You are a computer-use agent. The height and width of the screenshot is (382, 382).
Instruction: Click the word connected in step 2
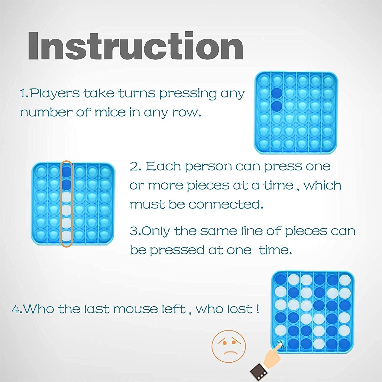(x=226, y=204)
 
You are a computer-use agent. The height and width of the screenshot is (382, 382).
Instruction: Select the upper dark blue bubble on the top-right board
(x=277, y=93)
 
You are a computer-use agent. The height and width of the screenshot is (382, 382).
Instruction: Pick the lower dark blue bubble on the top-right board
(x=277, y=106)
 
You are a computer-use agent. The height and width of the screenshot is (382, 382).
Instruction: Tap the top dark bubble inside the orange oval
(x=67, y=172)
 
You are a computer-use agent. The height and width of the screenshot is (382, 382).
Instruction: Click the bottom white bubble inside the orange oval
(x=67, y=236)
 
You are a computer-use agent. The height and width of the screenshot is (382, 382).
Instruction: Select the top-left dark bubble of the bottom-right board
(x=281, y=279)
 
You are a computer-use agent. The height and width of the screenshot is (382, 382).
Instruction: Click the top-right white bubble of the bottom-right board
(x=345, y=279)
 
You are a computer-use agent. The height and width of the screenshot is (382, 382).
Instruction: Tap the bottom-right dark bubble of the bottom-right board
(x=345, y=344)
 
